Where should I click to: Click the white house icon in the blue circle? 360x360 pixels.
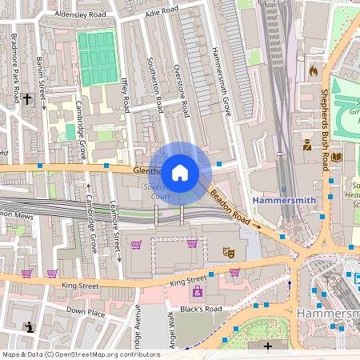pos(180,172)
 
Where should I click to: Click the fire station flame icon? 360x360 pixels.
pos(313,71)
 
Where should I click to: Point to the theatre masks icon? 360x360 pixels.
pos(228,251)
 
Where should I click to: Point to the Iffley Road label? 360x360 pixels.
pos(125,95)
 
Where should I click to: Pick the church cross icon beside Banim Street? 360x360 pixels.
pos(27,98)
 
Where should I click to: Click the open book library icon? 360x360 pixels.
pos(336,157)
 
